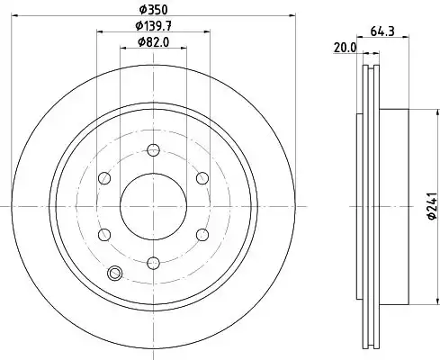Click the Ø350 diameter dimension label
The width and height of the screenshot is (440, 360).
click(153, 9)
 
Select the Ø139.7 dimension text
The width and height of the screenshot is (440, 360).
click(153, 26)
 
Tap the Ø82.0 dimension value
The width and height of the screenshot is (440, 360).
click(153, 42)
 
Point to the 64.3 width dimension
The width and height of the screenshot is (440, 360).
click(382, 31)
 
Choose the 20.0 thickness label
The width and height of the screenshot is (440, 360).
click(345, 48)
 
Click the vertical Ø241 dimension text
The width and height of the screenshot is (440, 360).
click(432, 206)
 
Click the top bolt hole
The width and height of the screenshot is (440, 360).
click(153, 149)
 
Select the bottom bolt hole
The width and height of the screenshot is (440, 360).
click(153, 263)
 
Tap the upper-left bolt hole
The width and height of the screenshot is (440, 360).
click(104, 178)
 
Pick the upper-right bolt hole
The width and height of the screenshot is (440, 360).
click(202, 178)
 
